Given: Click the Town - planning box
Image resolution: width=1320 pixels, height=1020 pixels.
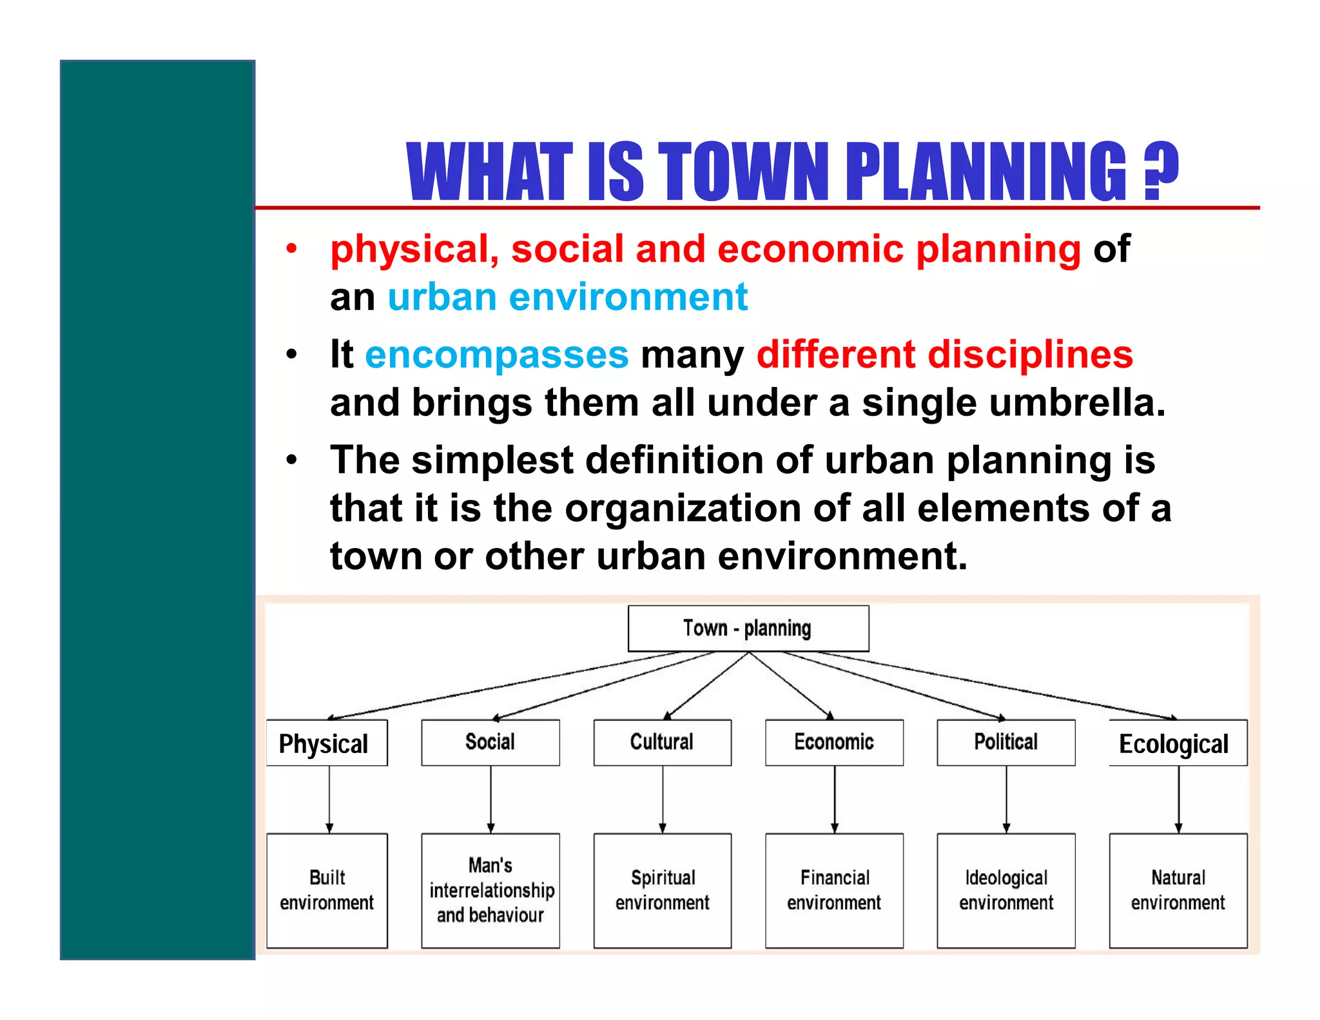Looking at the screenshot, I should tap(748, 628).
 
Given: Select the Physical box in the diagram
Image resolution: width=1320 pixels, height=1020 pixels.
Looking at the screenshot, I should tap(326, 743).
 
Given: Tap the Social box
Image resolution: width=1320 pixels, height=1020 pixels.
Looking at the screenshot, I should tap(490, 742).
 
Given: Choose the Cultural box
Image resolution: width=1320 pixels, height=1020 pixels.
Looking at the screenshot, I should tap(662, 742).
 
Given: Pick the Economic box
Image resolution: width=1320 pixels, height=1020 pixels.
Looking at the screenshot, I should tap(834, 742).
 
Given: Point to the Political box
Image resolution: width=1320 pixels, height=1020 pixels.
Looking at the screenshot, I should tap(1005, 742).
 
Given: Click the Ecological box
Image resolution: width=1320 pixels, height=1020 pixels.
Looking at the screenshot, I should tap(1177, 743).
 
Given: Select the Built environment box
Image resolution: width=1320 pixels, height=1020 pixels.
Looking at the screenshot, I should tap(327, 890).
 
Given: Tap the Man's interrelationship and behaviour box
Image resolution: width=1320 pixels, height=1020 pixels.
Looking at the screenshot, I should tap(490, 890).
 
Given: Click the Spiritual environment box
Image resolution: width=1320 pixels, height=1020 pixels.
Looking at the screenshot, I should tap(662, 890).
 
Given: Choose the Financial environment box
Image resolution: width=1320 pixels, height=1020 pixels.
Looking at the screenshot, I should tap(834, 890).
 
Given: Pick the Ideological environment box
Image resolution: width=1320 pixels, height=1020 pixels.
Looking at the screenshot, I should tap(1005, 890).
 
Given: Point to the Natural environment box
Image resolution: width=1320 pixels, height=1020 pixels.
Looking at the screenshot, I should tap(1178, 890).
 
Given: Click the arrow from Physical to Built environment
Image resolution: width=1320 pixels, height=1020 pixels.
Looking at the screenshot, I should tap(329, 799).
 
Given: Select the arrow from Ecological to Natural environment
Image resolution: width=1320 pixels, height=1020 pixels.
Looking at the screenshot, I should tap(1179, 799).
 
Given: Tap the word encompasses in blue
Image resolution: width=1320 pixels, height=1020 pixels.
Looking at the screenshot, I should tap(496, 355).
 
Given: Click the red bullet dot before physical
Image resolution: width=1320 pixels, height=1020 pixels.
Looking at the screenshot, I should tap(292, 249).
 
